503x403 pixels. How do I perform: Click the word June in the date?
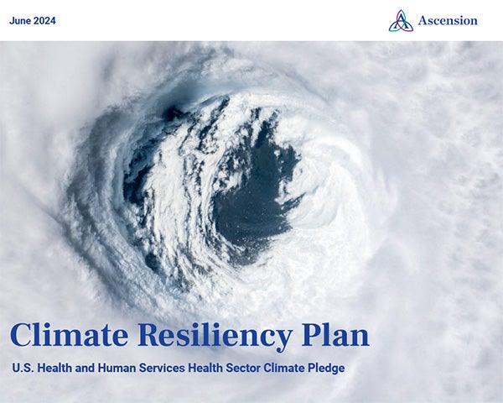22,20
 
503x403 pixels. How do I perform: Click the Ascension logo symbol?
401,20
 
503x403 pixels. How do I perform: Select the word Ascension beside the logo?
448,20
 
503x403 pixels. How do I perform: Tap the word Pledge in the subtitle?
325,368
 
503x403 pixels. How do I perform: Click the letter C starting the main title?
21,336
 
